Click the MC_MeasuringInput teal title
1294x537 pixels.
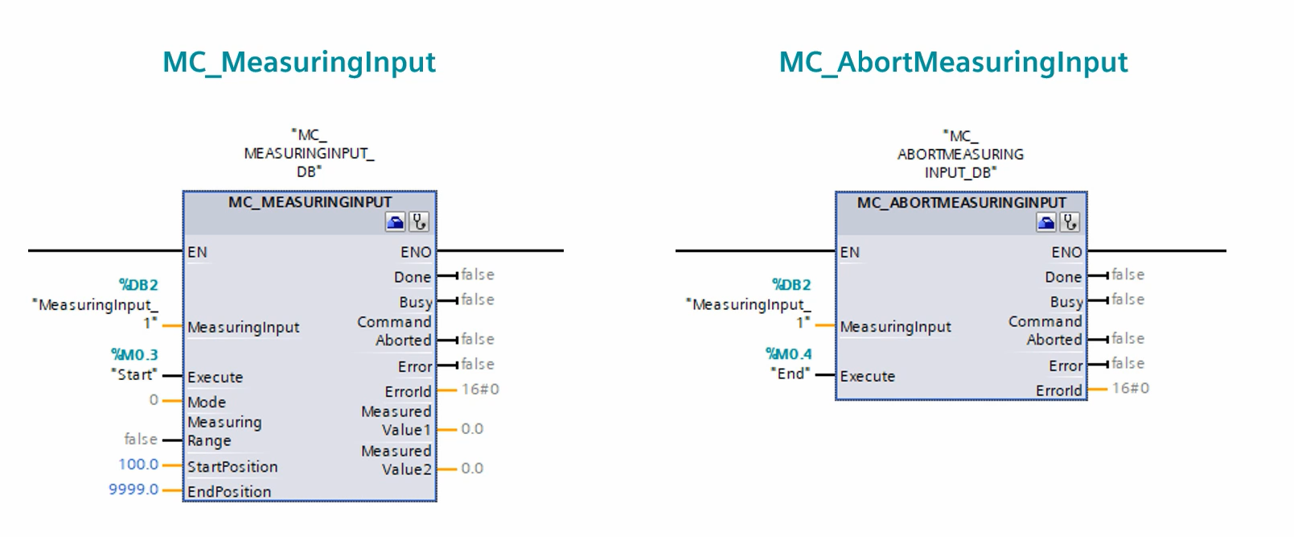pos(299,63)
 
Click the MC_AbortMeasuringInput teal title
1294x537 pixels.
pos(953,63)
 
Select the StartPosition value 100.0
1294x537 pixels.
pos(138,465)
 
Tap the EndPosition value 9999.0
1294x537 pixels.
pos(134,489)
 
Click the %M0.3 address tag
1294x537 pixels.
pos(134,354)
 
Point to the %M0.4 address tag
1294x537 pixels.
pos(788,353)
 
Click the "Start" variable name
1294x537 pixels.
pos(134,374)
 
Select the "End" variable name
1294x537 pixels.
pos(790,374)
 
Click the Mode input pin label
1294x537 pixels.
pos(207,402)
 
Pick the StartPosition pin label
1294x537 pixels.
pos(232,467)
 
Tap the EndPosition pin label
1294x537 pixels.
pos(229,491)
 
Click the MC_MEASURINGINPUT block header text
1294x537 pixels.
pos(310,202)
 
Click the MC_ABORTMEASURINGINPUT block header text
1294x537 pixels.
pos(961,202)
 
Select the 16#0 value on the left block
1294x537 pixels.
pos(480,390)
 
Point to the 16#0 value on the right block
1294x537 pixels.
pos(1131,388)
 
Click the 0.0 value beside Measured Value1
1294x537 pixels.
pos(472,429)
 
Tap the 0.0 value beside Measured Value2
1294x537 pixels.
pos(472,469)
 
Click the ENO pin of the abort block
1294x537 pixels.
pos(1066,252)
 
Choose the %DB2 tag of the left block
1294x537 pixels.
pos(138,285)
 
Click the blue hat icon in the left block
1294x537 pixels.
pos(395,222)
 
